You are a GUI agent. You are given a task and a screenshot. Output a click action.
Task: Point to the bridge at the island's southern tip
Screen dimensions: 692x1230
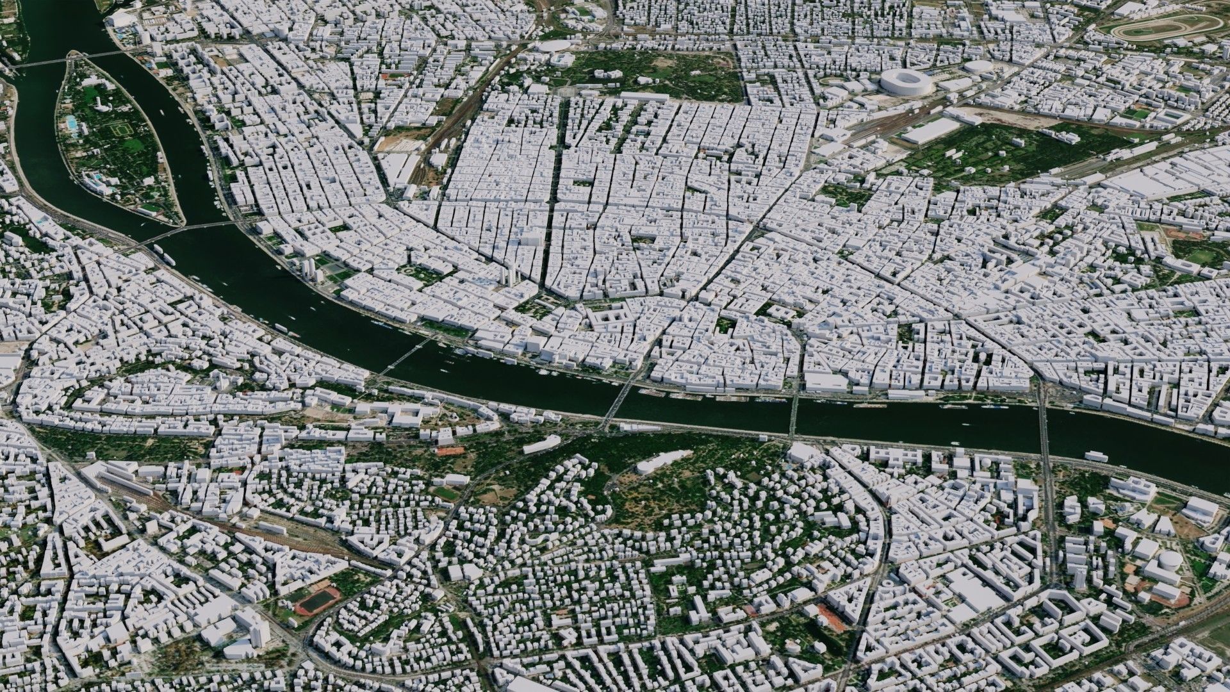[186, 229]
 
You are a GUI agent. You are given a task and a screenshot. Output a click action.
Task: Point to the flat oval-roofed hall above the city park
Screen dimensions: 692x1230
[555, 48]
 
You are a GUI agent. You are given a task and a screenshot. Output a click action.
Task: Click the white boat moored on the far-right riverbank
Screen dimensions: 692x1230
[1096, 456]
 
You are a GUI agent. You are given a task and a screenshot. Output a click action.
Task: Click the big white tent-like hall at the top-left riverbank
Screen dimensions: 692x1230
[122, 19]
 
